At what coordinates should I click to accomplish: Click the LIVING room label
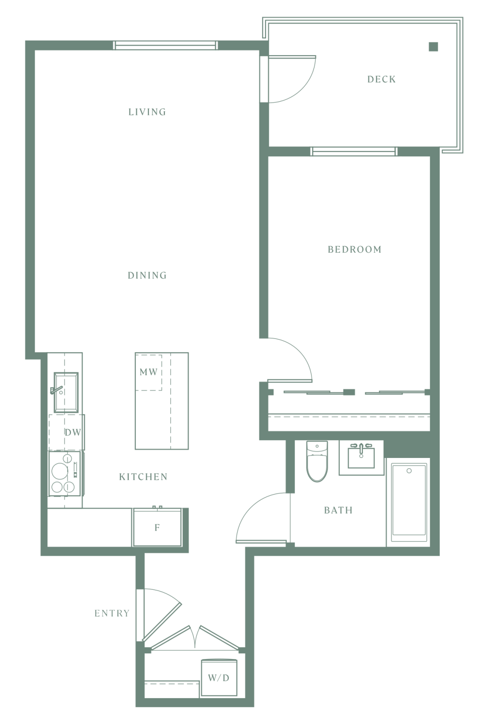147,112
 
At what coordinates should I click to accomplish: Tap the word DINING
147,275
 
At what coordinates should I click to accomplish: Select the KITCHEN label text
143,477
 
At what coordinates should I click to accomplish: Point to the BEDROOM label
354,249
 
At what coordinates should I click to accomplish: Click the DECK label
382,80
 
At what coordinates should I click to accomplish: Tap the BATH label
338,510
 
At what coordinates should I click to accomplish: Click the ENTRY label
112,613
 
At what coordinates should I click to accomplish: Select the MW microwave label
149,372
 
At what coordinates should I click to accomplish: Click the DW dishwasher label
73,433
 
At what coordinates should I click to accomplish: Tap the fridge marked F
157,527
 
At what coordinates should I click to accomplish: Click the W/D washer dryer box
219,678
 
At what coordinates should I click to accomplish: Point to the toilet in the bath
317,461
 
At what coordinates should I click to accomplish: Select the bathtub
408,503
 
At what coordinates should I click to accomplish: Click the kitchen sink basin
66,393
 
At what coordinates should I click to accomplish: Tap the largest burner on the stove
60,471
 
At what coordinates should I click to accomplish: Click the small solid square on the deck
433,47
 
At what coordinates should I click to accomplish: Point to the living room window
165,45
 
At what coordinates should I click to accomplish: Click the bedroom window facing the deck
354,151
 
